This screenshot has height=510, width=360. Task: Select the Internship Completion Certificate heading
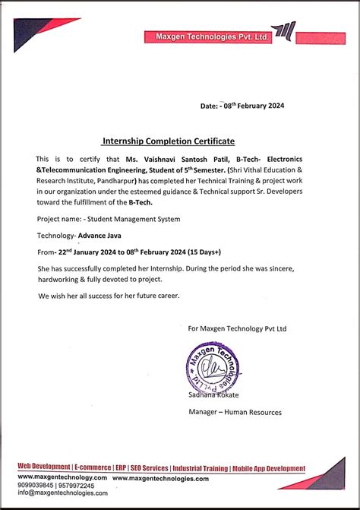[x=169, y=141]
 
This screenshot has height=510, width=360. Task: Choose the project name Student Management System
[x=132, y=219]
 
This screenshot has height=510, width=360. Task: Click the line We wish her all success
[x=109, y=296]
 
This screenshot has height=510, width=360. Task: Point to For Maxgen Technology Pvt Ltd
[x=237, y=328]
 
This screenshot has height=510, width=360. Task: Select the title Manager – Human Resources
[x=235, y=412]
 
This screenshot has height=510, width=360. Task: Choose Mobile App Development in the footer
[x=269, y=468]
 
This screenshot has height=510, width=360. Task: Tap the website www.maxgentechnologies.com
[x=160, y=477]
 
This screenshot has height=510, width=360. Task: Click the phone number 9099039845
[x=34, y=485]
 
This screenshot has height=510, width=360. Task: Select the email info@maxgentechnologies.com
[x=62, y=493]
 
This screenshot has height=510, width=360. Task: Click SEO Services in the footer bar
[x=149, y=468]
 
